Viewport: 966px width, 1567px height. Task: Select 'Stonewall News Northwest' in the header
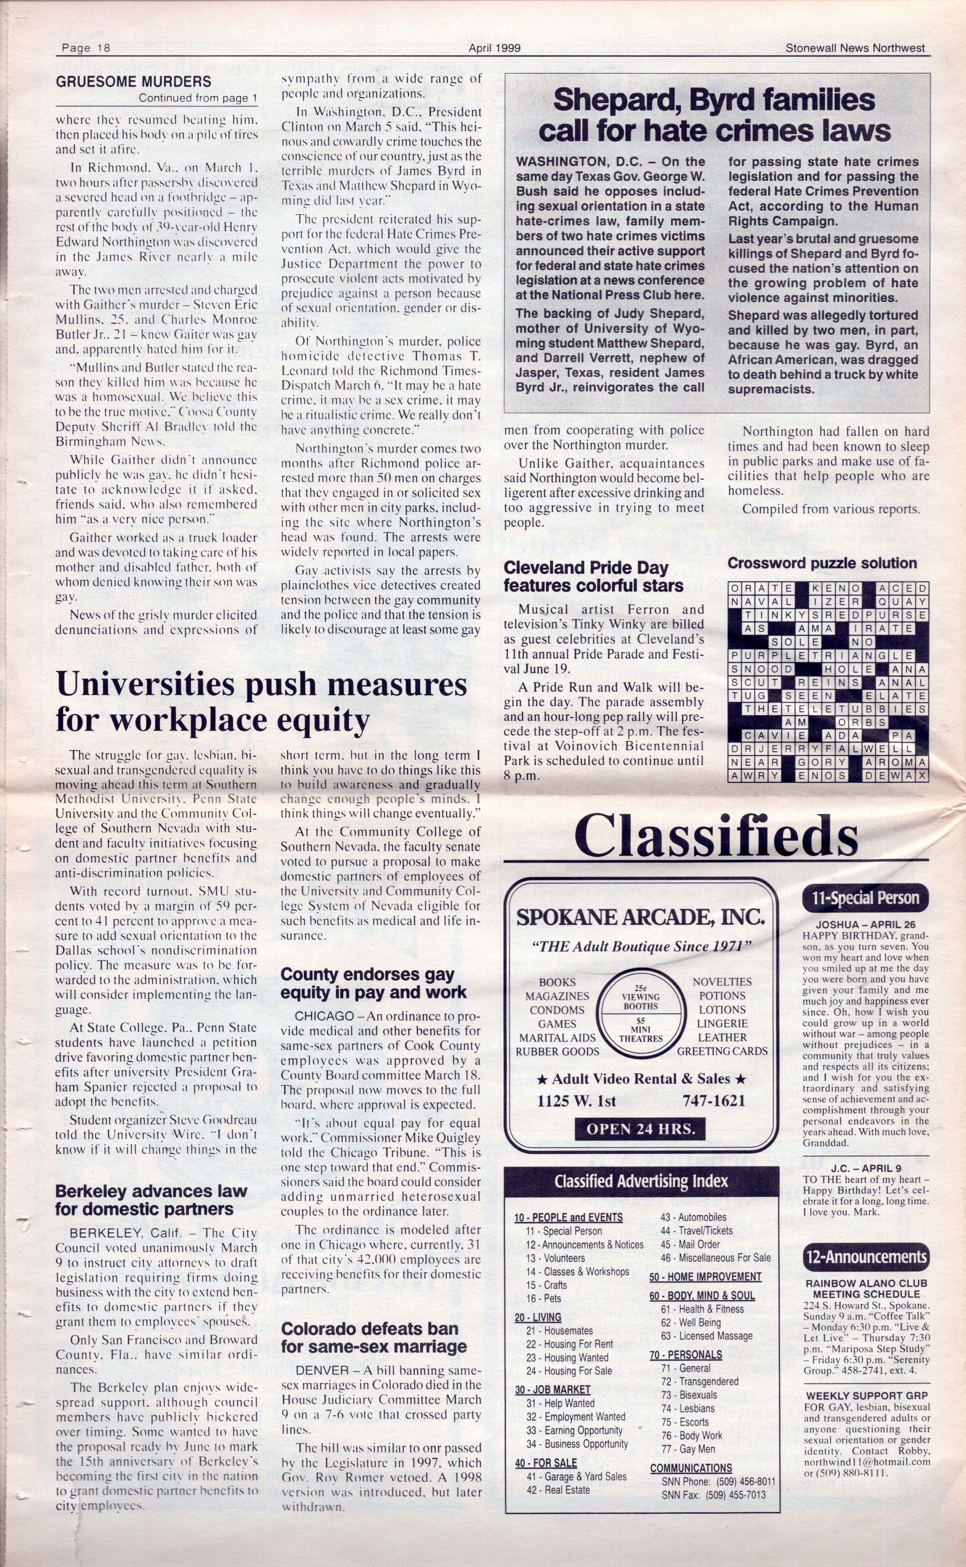coord(855,48)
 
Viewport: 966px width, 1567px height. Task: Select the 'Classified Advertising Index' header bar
coord(641,1181)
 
